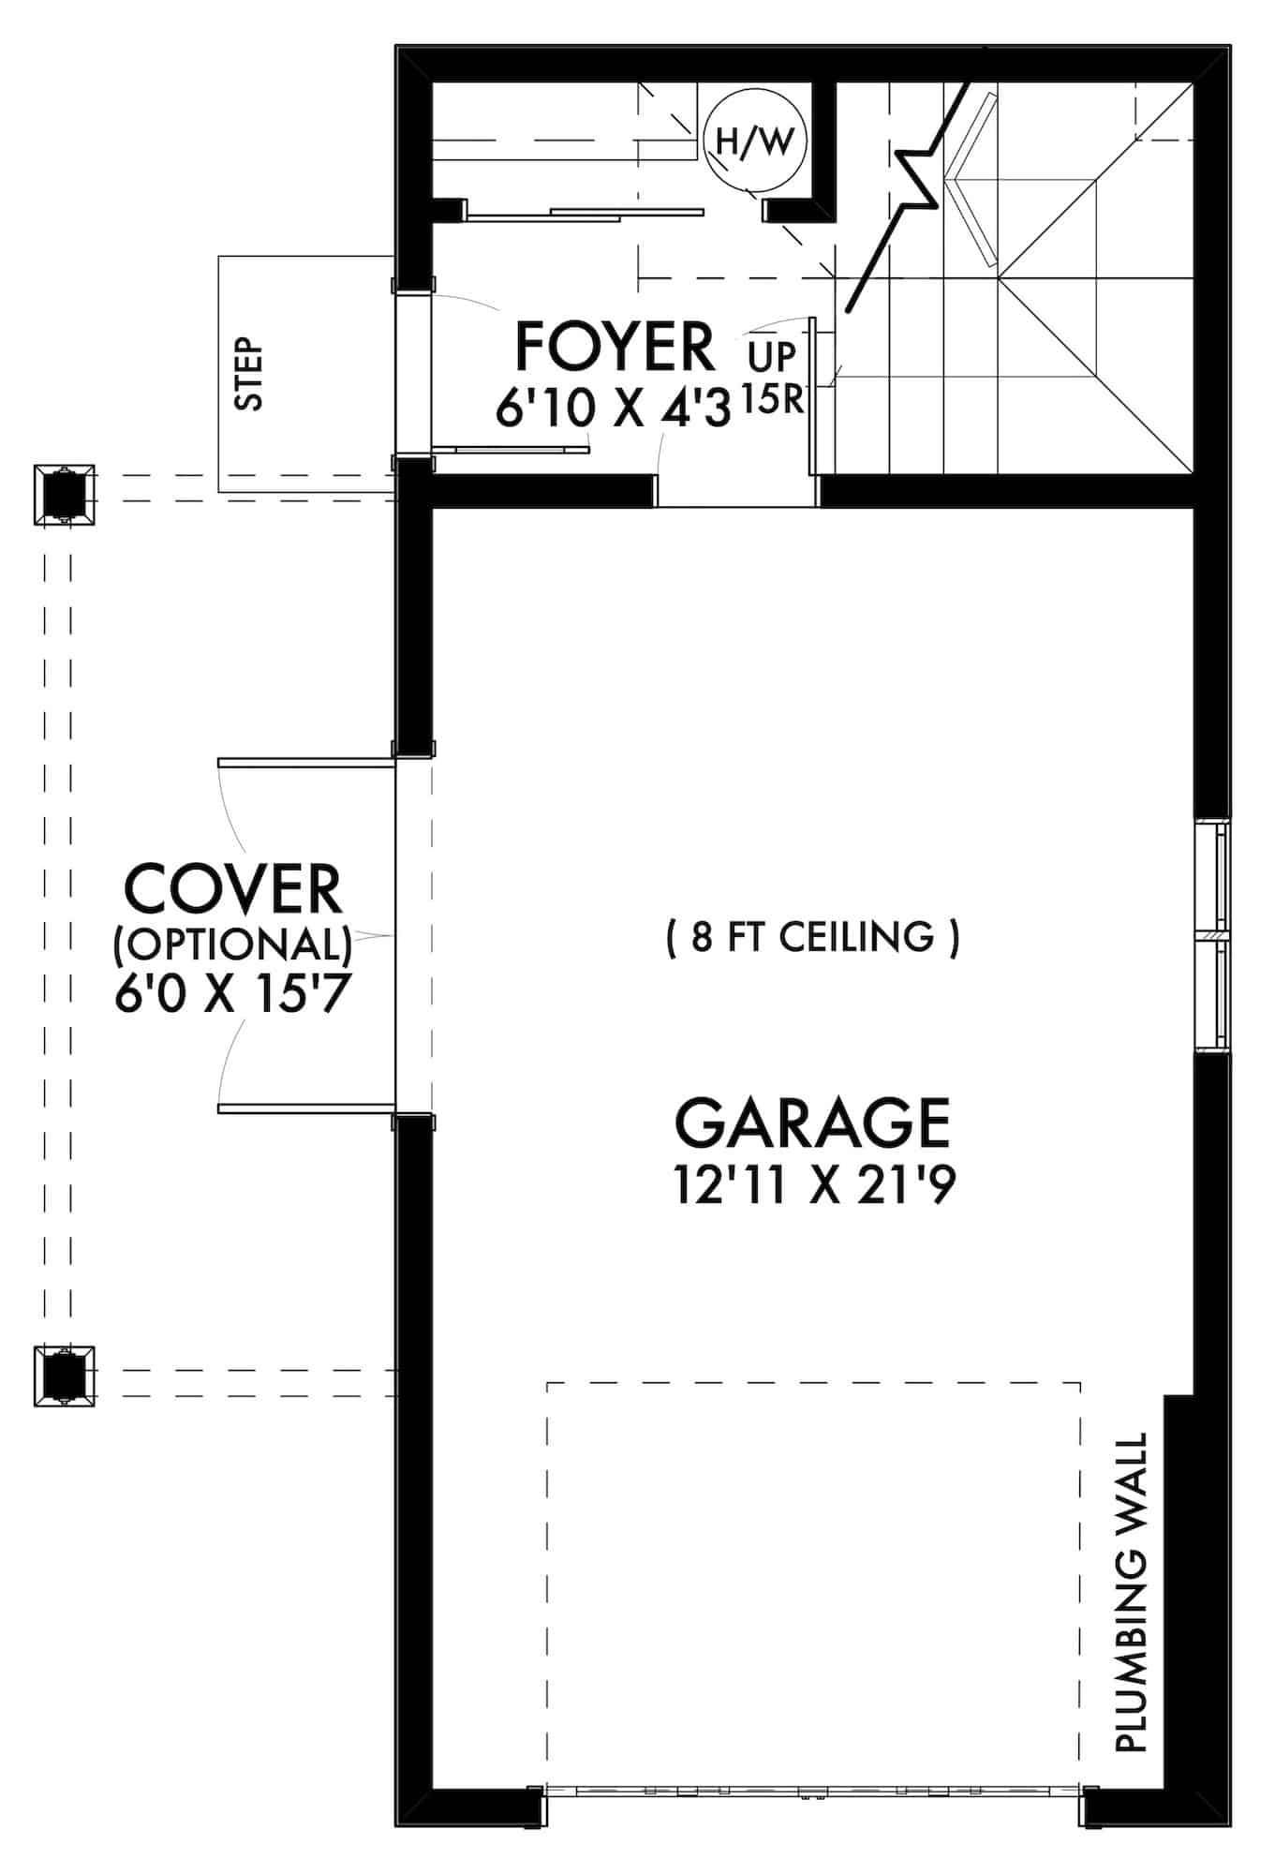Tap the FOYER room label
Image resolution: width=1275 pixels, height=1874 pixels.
pyautogui.click(x=615, y=347)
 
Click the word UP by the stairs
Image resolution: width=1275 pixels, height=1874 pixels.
pyautogui.click(x=773, y=357)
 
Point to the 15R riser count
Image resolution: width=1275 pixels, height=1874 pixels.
pyautogui.click(x=774, y=400)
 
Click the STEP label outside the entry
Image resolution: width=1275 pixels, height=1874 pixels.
pyautogui.click(x=249, y=374)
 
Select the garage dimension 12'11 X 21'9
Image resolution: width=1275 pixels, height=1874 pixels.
pyautogui.click(x=814, y=1185)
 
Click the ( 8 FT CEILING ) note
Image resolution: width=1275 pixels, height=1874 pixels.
pyautogui.click(x=812, y=936)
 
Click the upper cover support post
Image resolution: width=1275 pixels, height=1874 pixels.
pyautogui.click(x=64, y=495)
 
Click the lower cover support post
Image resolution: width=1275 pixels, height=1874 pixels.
pyautogui.click(x=64, y=1375)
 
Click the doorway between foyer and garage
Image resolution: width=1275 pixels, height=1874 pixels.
pyautogui.click(x=736, y=491)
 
